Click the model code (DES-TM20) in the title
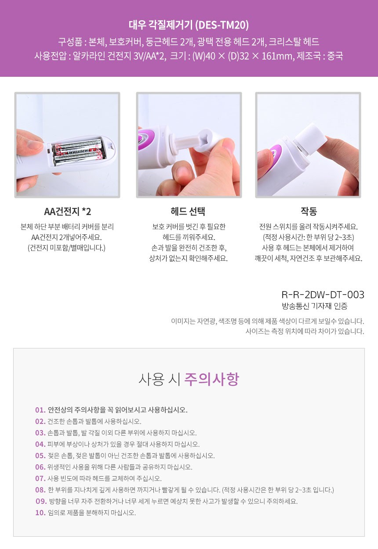[222, 25]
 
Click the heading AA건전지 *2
[68, 211]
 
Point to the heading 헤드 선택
[188, 211]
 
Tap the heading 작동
[309, 211]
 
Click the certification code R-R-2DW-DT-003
[323, 295]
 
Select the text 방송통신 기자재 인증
[315, 306]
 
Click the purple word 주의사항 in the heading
[211, 379]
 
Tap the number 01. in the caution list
[40, 410]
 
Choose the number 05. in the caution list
[40, 456]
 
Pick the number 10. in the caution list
[40, 513]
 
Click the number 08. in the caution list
[40, 490]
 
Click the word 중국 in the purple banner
[335, 56]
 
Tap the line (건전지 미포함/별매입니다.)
[66, 248]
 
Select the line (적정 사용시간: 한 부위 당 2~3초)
[309, 237]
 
